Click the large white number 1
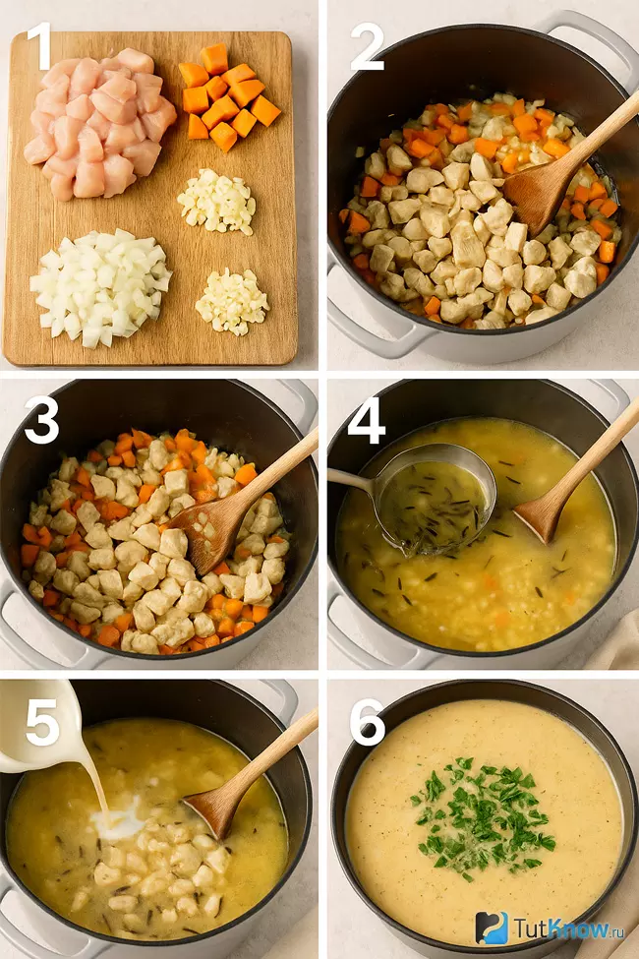pos(38,46)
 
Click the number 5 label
pos(42,722)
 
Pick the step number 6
pos(368,722)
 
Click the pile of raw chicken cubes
pos(99,124)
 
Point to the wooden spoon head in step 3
pos(207,526)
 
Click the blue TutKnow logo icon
pos(493,928)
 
